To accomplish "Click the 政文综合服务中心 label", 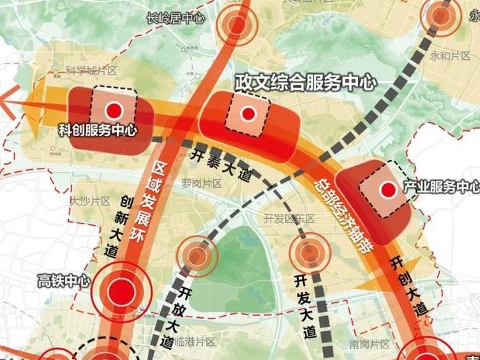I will coord(306,82).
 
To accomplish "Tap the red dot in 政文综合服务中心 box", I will coord(248,114).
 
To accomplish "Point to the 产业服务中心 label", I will coord(441,187).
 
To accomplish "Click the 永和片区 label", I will coord(450,55).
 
